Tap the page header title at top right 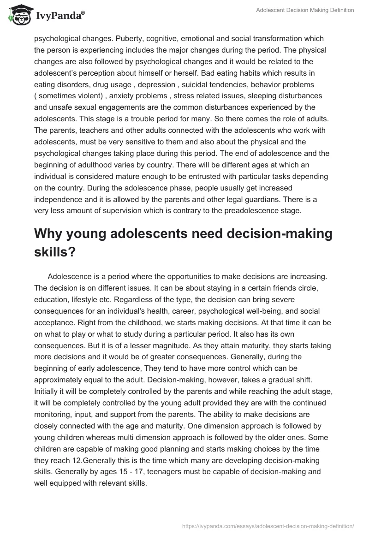pyautogui.click(x=305, y=11)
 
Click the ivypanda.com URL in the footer pyautogui.click(x=268, y=525)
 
